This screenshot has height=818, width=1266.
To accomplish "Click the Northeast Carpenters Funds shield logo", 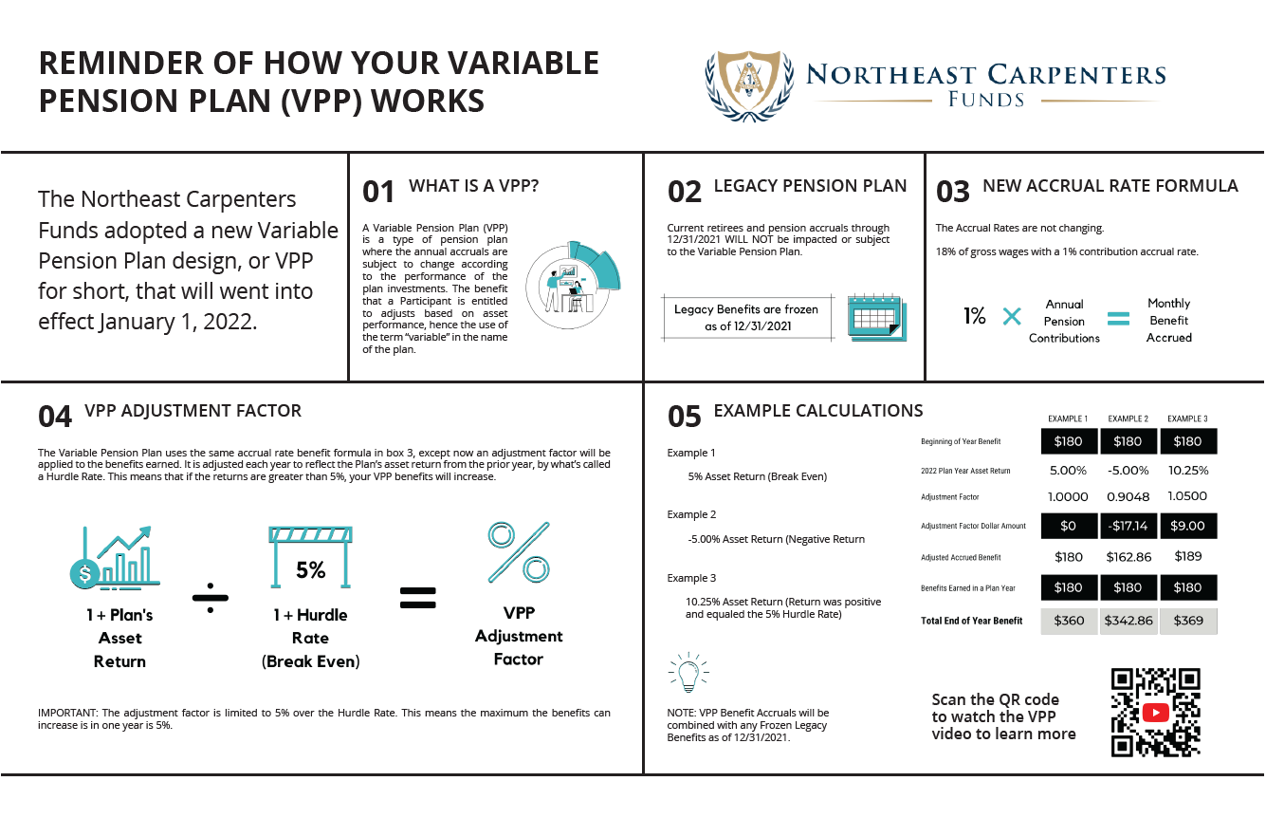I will click(x=748, y=84).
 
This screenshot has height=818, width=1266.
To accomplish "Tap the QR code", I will click(x=1155, y=712).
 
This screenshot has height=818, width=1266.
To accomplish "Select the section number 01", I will click(x=378, y=192).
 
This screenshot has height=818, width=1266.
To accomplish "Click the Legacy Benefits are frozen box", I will click(x=746, y=318).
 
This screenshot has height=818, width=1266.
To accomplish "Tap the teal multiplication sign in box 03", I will click(x=1012, y=317).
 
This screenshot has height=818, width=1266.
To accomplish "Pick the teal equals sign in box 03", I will click(x=1119, y=319).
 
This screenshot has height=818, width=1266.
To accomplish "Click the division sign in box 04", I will click(x=211, y=597).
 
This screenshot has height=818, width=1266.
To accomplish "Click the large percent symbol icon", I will click(x=519, y=554).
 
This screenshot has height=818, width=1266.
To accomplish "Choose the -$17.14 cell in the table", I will click(x=1128, y=526).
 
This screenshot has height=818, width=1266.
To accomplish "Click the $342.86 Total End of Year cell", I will click(x=1128, y=621).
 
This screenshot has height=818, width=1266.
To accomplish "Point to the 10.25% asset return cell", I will click(x=1187, y=471).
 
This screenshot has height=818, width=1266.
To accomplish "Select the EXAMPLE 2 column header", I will click(x=1128, y=418).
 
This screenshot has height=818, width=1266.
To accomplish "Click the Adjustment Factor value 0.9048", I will click(x=1128, y=497).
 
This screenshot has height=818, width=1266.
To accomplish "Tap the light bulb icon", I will click(x=688, y=672).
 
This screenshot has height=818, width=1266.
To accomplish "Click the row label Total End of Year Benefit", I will click(x=972, y=621).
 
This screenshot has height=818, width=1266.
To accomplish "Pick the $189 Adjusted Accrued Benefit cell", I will click(x=1187, y=557).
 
